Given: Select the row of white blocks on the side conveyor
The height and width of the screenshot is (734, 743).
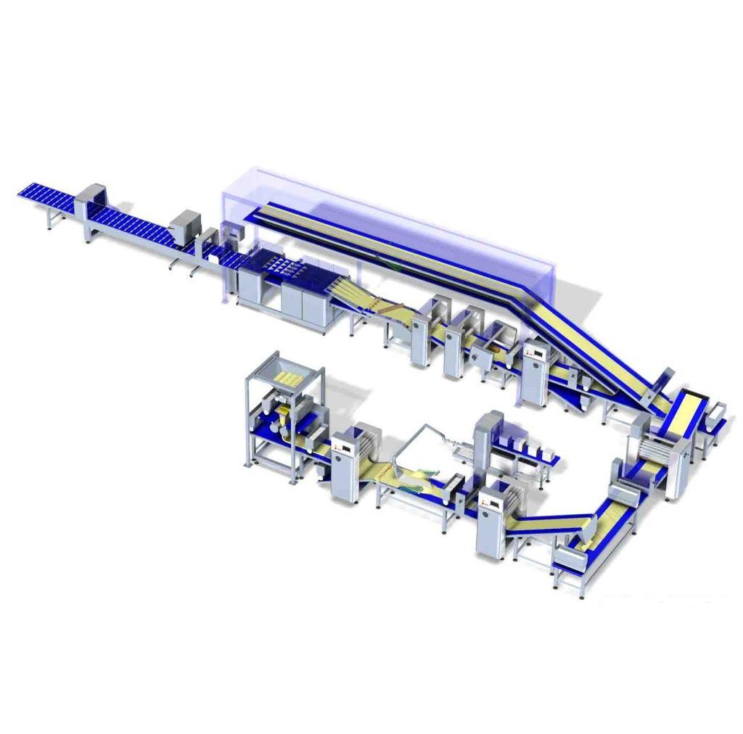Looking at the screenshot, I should point(533,452).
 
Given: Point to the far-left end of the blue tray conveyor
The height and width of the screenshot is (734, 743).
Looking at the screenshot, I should point(23,194).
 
